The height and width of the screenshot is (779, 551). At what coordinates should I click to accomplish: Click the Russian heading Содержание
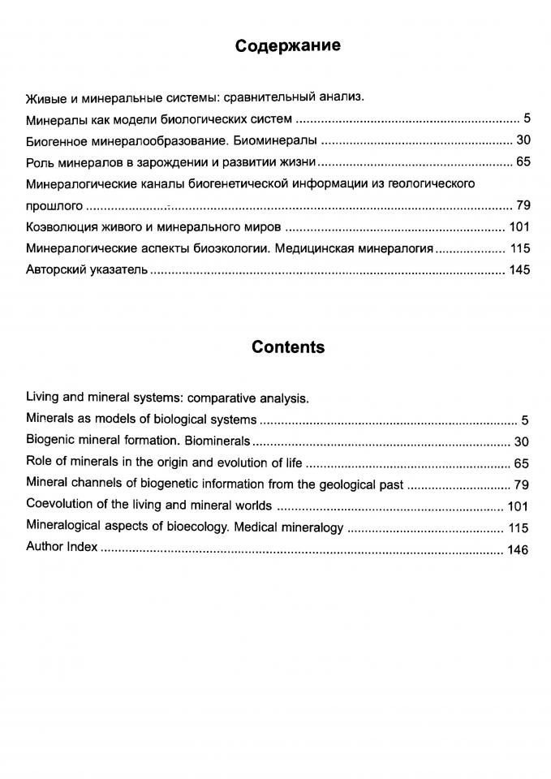287,46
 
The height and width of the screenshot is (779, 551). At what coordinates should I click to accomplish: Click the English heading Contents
287,347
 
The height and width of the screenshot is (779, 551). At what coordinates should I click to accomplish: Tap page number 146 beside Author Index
517,550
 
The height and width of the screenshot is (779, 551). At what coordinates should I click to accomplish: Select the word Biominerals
217,442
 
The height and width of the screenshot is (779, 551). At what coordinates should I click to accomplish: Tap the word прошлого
54,204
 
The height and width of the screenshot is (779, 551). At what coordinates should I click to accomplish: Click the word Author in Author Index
44,548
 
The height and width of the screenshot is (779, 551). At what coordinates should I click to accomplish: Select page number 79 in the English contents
521,485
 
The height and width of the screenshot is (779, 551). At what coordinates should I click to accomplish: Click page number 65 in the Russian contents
523,161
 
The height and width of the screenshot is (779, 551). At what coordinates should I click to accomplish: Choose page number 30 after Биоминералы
523,140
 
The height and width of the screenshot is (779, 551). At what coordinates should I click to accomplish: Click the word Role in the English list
39,463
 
